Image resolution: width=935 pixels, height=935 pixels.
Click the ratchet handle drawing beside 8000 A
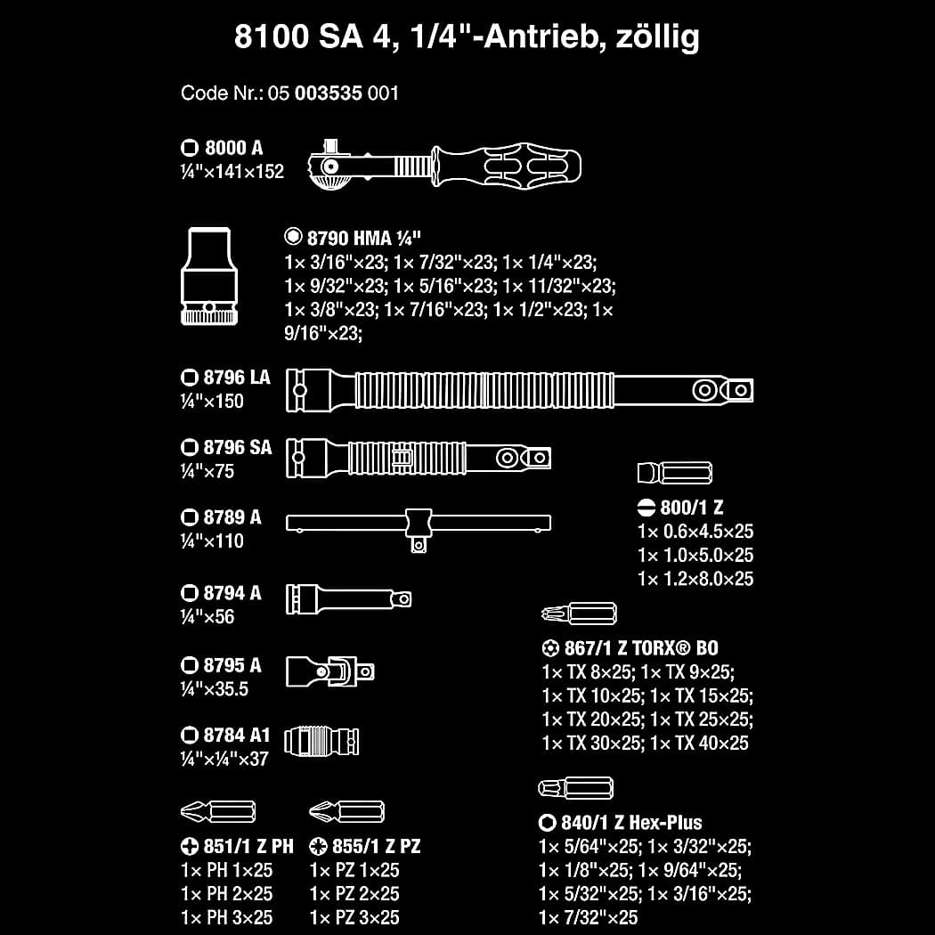point(444,165)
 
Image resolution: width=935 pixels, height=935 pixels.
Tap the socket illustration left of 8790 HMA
point(208,276)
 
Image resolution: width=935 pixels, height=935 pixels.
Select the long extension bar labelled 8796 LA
point(519,390)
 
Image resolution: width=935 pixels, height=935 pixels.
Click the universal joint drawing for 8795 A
point(329,671)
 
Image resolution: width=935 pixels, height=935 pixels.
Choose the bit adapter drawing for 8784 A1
point(321,741)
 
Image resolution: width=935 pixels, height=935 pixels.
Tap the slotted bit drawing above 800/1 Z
point(674,473)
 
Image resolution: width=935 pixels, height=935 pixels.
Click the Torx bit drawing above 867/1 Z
point(579,613)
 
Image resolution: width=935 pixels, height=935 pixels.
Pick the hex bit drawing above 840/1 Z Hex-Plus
point(575,788)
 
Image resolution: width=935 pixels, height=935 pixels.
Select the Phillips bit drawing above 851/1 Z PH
point(217,811)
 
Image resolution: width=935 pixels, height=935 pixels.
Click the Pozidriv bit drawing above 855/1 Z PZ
point(346,811)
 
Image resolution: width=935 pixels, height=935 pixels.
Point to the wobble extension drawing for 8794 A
point(348,598)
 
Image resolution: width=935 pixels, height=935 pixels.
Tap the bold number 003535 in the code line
point(329,93)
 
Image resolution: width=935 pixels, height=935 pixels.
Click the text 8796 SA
point(238,447)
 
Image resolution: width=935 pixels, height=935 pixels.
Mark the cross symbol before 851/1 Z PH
point(189,846)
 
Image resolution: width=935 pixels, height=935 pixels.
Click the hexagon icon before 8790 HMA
point(293,237)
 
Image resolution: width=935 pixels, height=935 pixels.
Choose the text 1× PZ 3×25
point(354,917)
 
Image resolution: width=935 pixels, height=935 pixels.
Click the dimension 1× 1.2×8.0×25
point(695,579)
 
